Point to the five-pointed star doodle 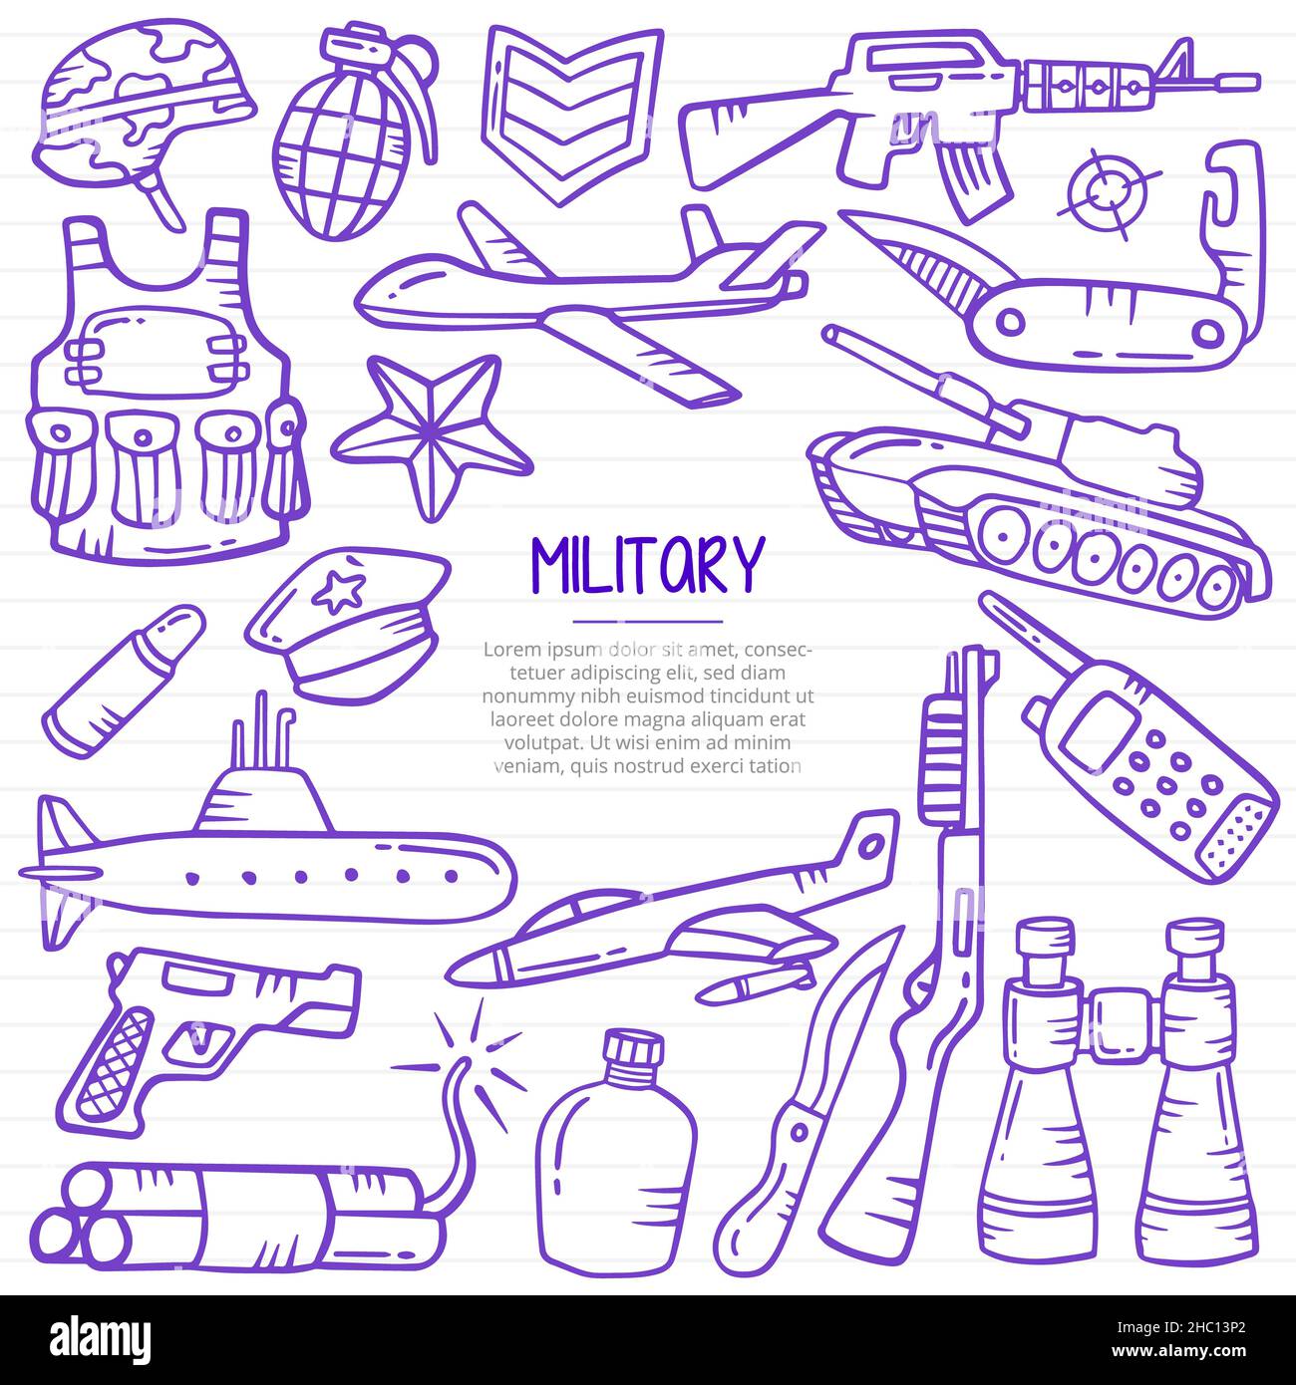[x=431, y=433]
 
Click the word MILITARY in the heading [x=647, y=566]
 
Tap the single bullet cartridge [x=122, y=678]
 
